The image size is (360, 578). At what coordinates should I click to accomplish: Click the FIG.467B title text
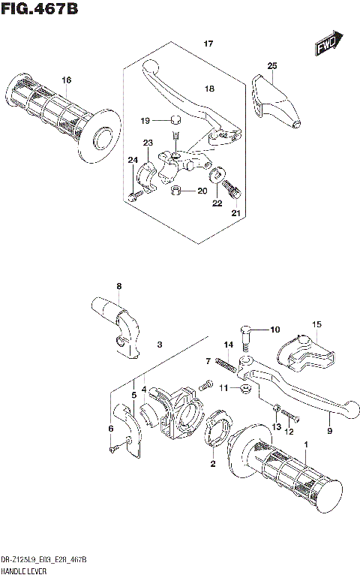(39, 10)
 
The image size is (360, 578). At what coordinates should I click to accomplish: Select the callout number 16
(66, 80)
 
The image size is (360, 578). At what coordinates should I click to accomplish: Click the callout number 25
(271, 66)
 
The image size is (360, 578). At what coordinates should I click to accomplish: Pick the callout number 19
(147, 120)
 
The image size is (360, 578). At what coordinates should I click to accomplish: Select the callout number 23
(148, 143)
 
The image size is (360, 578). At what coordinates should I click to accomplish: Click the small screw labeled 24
(134, 197)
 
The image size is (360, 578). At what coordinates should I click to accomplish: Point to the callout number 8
(118, 286)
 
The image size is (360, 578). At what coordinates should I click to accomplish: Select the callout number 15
(316, 324)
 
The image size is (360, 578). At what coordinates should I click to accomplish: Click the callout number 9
(328, 431)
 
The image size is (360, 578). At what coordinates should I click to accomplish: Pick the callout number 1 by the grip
(305, 445)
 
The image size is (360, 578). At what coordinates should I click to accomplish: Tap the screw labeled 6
(112, 449)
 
